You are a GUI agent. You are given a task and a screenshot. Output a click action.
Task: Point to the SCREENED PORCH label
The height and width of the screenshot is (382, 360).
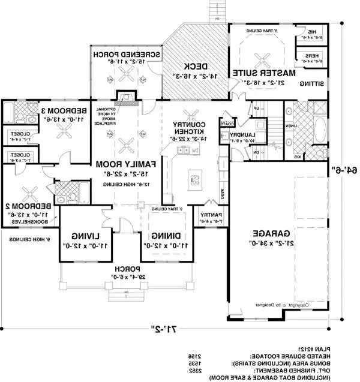tap(126, 53)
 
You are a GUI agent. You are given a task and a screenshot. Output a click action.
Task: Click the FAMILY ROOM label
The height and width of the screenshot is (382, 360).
tap(128, 163)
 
